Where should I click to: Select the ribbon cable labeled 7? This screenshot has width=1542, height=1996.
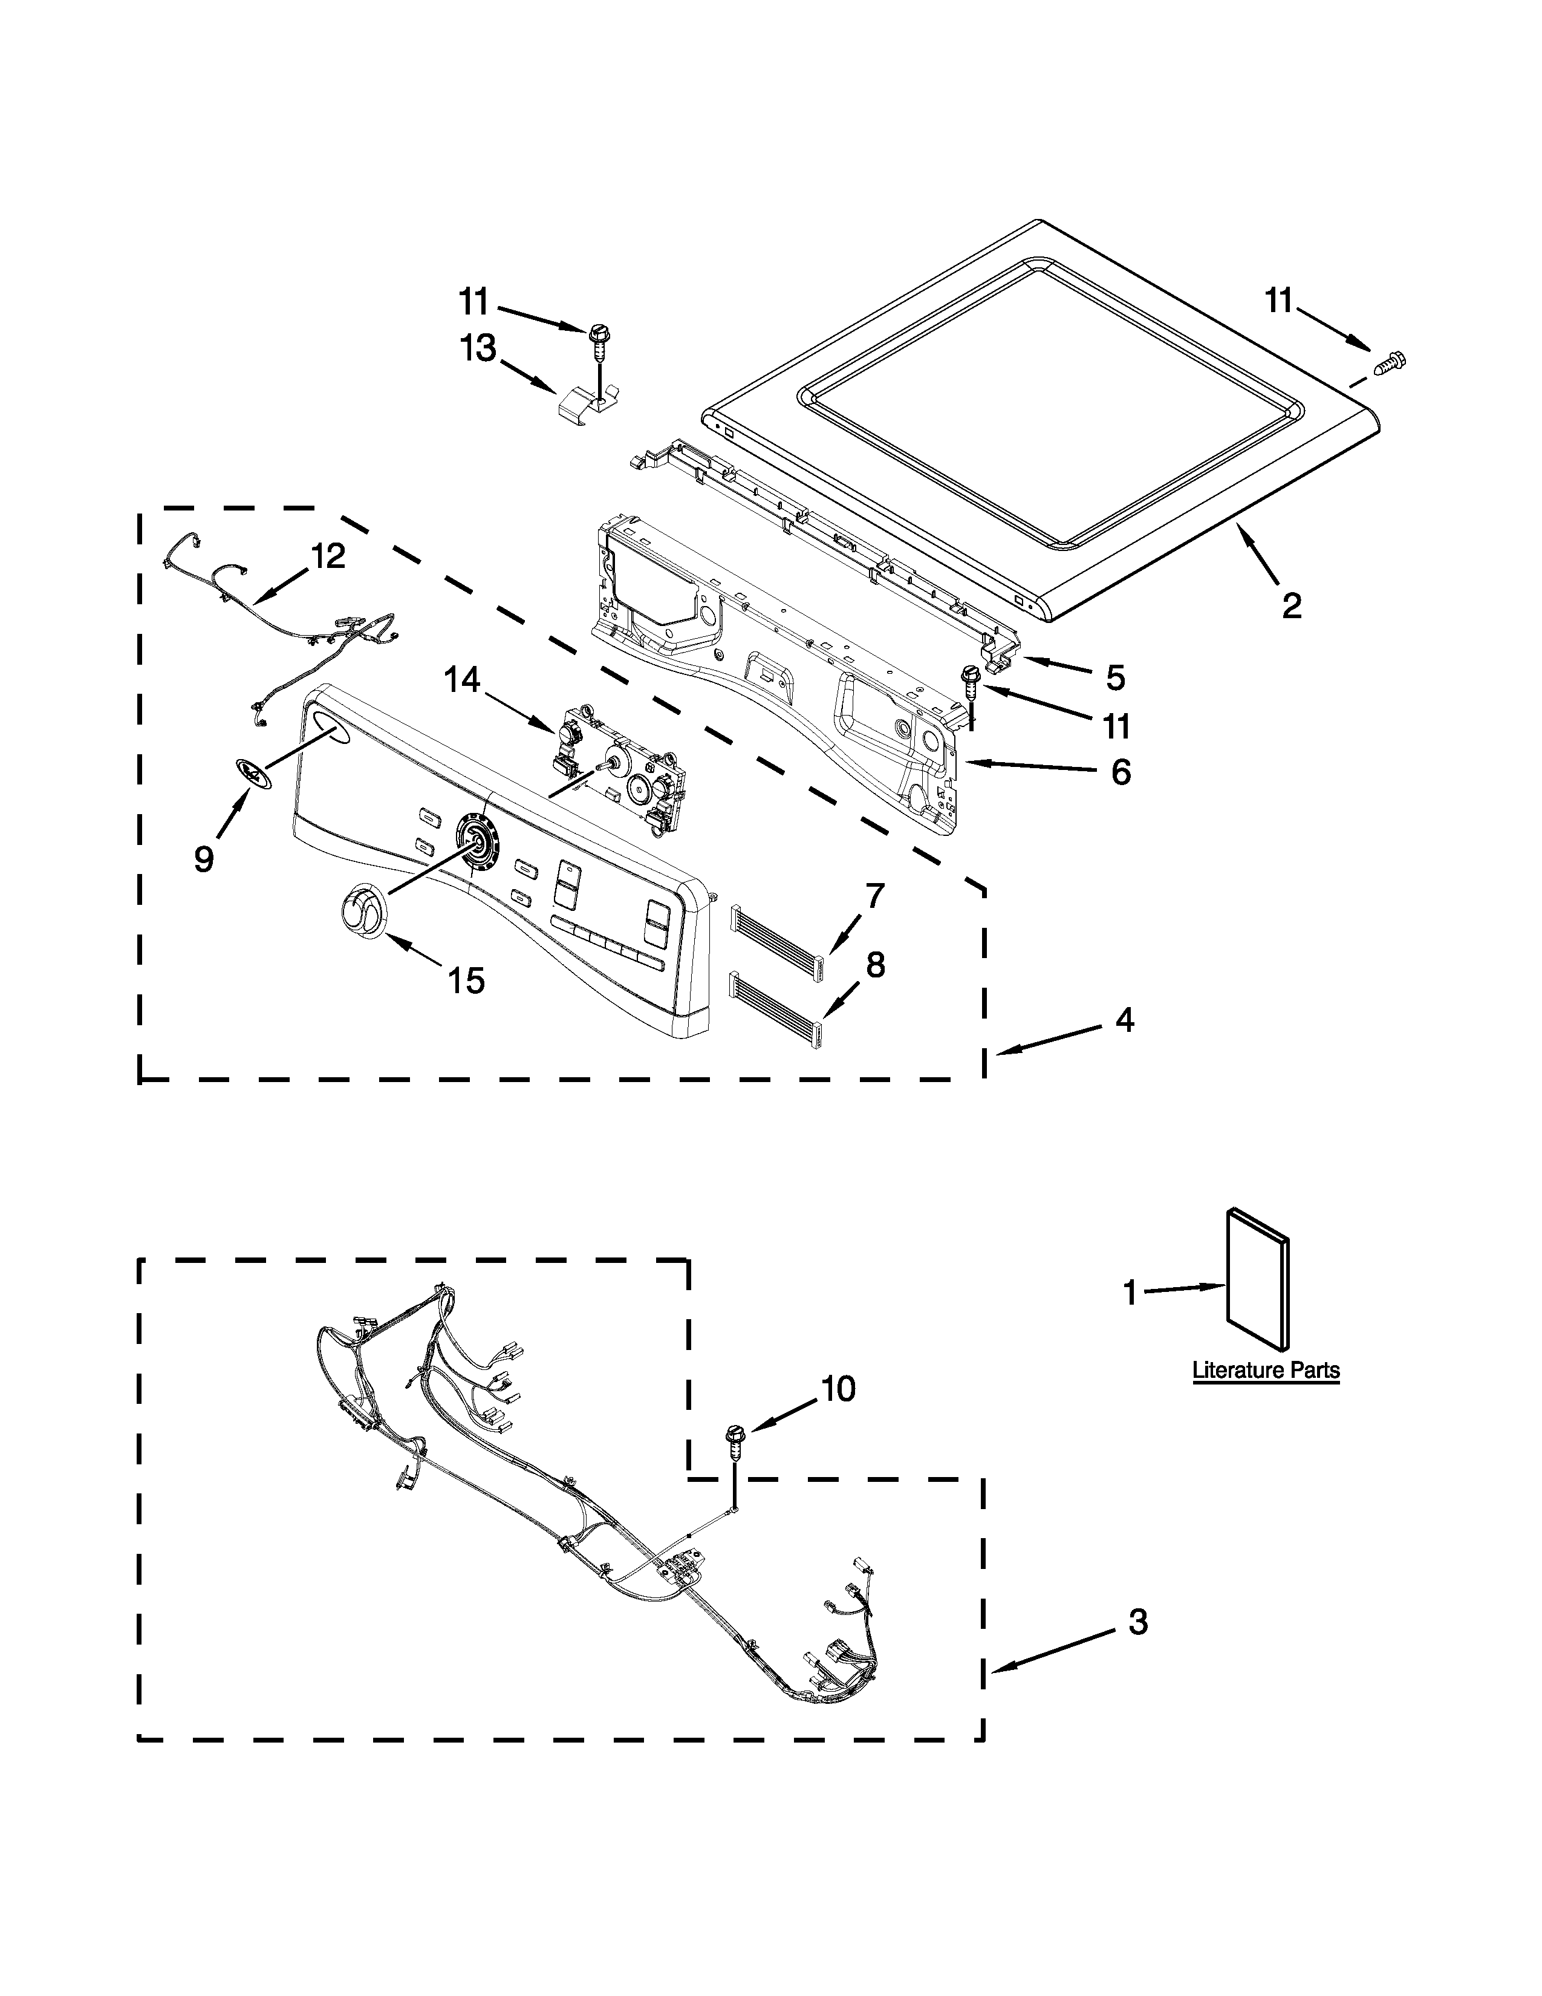pyautogui.click(x=776, y=930)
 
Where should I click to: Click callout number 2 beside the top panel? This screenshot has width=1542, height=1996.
pyautogui.click(x=1291, y=605)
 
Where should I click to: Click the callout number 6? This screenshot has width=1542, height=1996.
pyautogui.click(x=1121, y=772)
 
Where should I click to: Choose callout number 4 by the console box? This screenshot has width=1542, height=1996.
pyautogui.click(x=1125, y=1020)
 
